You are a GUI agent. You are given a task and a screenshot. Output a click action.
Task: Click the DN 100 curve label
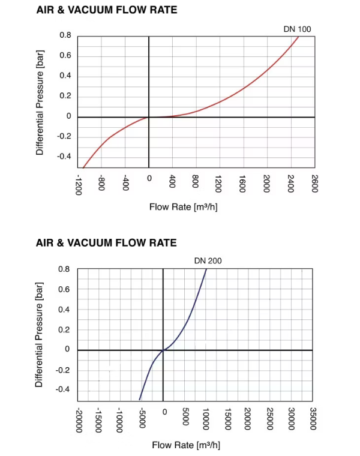297,29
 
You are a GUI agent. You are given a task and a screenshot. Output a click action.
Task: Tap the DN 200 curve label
208,260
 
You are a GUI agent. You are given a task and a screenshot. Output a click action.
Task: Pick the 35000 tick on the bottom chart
313,419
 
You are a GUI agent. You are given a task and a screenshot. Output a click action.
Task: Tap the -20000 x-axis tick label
79,419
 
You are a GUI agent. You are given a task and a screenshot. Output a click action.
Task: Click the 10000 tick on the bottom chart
206,418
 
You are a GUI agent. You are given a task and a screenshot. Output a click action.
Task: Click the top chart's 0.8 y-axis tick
65,36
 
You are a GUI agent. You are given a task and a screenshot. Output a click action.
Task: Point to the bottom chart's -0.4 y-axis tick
63,389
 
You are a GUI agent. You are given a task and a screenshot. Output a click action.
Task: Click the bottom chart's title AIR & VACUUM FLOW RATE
106,242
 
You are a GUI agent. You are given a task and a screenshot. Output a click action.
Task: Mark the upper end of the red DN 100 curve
298,37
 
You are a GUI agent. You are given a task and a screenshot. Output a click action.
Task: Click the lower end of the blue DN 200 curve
140,400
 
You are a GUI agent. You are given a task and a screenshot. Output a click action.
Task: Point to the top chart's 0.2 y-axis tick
65,97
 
